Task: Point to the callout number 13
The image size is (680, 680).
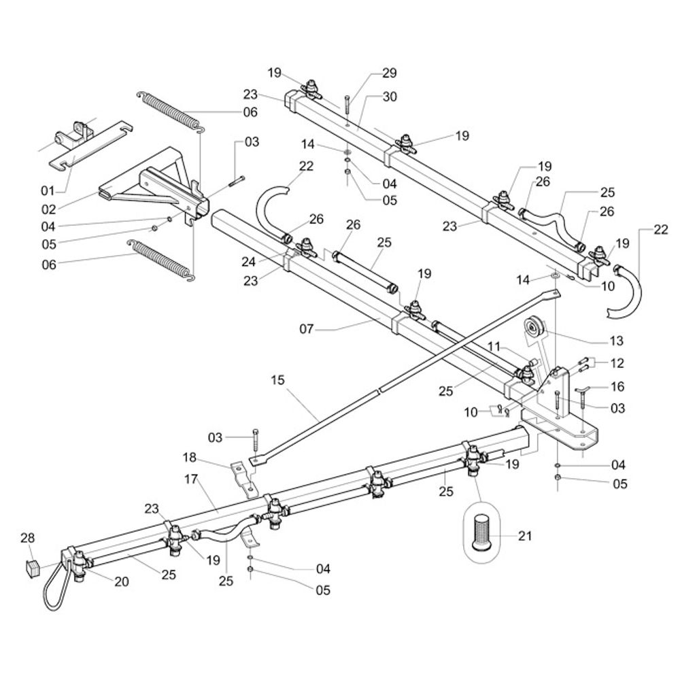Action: pyautogui.click(x=617, y=341)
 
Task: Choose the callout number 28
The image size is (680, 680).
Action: pyautogui.click(x=27, y=539)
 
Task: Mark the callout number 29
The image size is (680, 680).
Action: pyautogui.click(x=389, y=73)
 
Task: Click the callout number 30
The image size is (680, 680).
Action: pyautogui.click(x=389, y=97)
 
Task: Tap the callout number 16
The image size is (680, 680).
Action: pyautogui.click(x=617, y=387)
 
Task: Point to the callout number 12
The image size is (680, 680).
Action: pyautogui.click(x=617, y=363)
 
